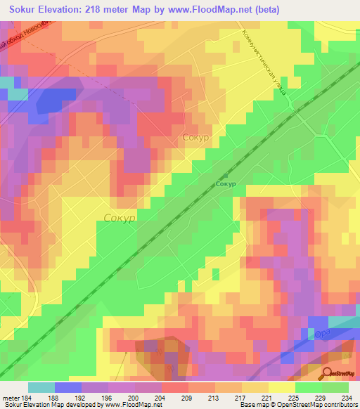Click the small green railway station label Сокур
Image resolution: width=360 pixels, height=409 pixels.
226,184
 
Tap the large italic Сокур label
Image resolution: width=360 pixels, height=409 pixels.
120,219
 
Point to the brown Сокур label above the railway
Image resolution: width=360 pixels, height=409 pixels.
195,138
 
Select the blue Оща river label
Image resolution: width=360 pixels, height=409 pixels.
321,333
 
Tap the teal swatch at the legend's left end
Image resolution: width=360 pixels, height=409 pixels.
41,387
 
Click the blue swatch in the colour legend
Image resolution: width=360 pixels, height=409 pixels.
67,387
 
